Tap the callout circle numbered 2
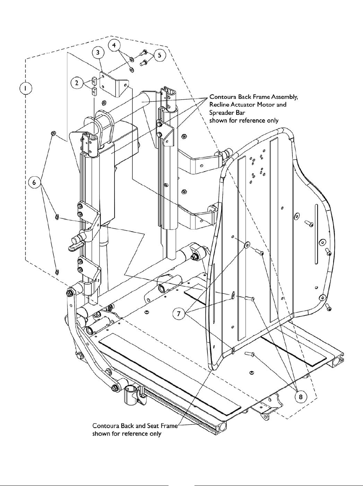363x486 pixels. [x=77, y=83]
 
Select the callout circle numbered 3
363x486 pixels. [x=98, y=53]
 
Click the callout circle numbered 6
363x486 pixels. [x=35, y=183]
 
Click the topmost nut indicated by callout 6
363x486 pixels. [x=53, y=133]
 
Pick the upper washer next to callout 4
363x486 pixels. [x=131, y=59]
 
